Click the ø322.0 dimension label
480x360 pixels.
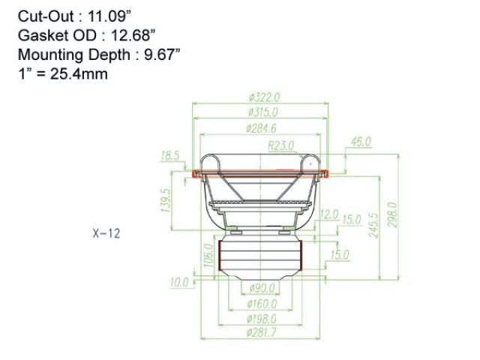(x=264, y=97)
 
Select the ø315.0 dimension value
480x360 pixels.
(x=263, y=112)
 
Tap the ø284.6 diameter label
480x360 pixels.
(x=262, y=128)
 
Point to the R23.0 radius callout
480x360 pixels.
(x=281, y=145)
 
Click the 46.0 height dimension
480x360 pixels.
(x=361, y=142)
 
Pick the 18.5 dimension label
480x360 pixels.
(x=170, y=156)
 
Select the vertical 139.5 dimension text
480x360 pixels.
(x=165, y=200)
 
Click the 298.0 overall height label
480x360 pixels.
(x=392, y=214)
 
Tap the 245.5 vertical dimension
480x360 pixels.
(x=373, y=225)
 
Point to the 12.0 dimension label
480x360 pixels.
(x=328, y=214)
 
